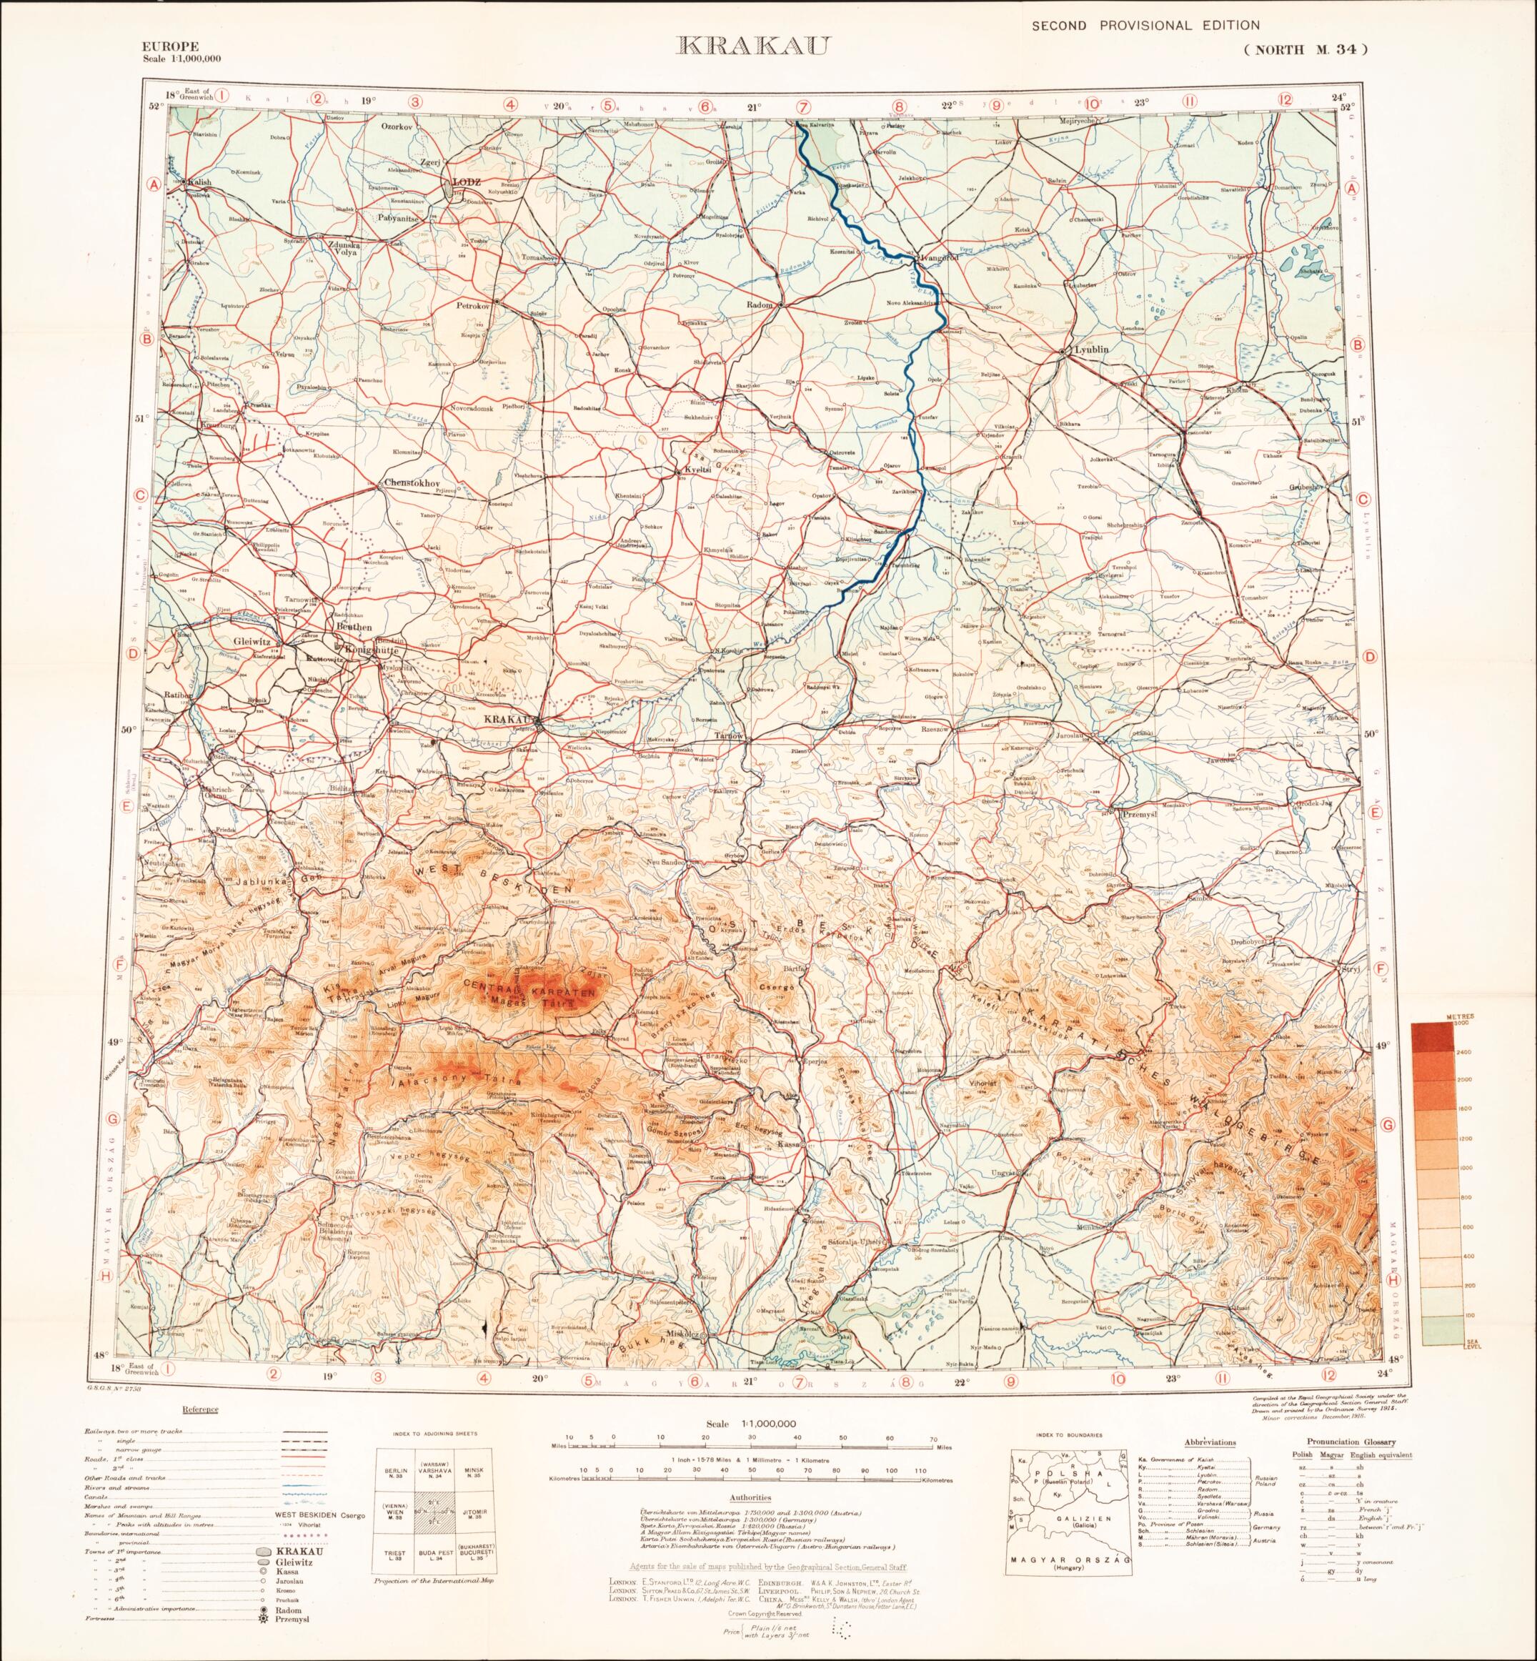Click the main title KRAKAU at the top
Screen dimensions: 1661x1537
tap(752, 46)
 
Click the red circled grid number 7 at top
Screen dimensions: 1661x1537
tap(802, 106)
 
